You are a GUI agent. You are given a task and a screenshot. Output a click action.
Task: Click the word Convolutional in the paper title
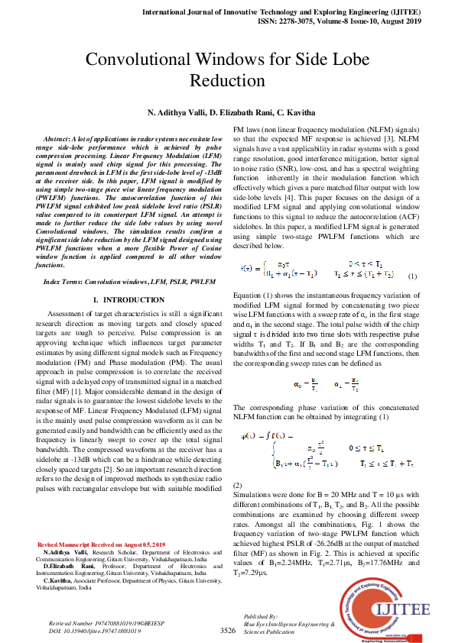(x=135, y=61)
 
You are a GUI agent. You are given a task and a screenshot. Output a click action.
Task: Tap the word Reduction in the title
(x=226, y=81)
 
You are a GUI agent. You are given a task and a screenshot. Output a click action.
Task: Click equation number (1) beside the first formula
(x=412, y=276)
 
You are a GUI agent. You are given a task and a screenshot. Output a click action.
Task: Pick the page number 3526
(x=227, y=631)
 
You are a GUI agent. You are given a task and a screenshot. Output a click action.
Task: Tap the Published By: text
(x=259, y=615)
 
